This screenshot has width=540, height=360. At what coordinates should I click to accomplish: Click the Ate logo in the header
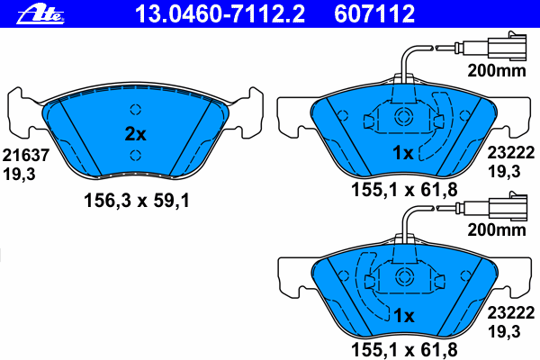click(40, 14)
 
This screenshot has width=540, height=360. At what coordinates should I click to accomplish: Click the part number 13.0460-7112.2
click(220, 13)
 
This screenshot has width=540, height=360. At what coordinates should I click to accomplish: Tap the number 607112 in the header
click(374, 13)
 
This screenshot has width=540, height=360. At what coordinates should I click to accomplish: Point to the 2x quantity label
click(135, 134)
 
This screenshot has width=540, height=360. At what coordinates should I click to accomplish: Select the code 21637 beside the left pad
click(26, 156)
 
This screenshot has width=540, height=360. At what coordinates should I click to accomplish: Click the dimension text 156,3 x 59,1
click(137, 201)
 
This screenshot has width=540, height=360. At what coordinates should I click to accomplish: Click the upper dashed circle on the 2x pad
click(136, 110)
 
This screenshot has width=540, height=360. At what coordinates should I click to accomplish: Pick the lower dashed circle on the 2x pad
click(136, 156)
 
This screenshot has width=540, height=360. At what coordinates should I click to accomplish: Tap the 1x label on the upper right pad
click(403, 152)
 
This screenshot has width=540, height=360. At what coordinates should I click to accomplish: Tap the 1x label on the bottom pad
click(404, 316)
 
